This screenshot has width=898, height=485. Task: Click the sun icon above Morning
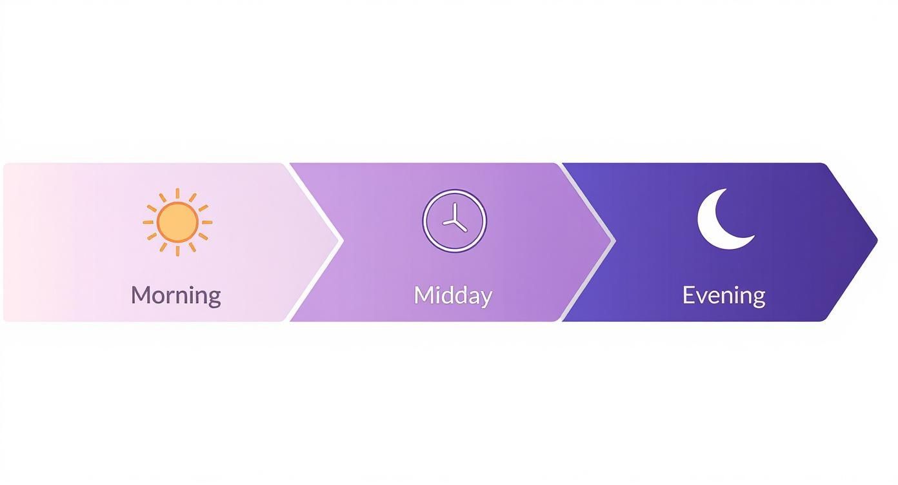coord(177,222)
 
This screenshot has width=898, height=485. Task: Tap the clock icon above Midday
coord(454,221)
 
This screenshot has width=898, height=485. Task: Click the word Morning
coord(175,295)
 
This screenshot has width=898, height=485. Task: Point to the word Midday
coord(453,295)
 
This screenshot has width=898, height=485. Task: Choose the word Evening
coord(723,295)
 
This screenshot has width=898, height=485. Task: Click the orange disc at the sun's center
coord(177,222)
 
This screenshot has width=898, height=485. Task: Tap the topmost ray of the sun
coord(177,193)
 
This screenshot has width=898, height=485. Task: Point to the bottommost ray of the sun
coord(177,250)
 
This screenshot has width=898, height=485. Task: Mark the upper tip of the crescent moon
coord(725,190)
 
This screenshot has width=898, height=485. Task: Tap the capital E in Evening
coord(688,295)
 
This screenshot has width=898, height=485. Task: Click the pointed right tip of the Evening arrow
coord(876,241)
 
